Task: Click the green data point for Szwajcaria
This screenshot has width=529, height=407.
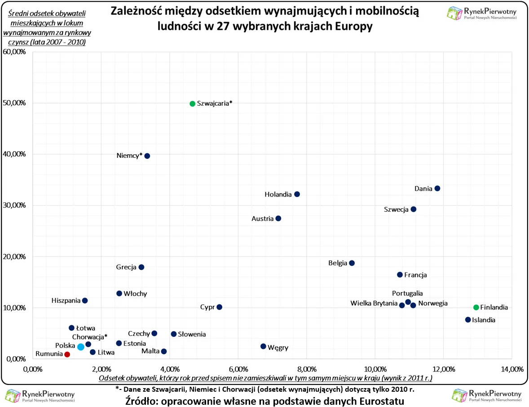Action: click(192, 103)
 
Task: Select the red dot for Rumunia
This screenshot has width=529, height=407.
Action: click(67, 354)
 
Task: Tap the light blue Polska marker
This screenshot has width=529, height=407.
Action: click(81, 347)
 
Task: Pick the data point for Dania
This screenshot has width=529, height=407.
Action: click(437, 188)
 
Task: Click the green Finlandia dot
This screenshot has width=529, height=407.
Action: click(476, 307)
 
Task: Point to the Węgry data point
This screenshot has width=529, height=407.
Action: click(263, 346)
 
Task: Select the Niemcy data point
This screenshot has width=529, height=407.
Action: click(147, 156)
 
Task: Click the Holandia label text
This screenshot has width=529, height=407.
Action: click(278, 195)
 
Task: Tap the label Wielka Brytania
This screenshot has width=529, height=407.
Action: click(374, 304)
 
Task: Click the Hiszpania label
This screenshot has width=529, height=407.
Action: click(66, 300)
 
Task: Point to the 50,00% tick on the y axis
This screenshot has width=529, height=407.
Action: click(14, 103)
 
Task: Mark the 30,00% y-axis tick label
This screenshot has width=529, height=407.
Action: click(14, 206)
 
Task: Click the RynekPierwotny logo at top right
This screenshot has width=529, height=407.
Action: click(482, 13)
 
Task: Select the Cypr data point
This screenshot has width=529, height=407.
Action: click(219, 307)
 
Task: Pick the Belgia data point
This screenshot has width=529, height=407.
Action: click(352, 263)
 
